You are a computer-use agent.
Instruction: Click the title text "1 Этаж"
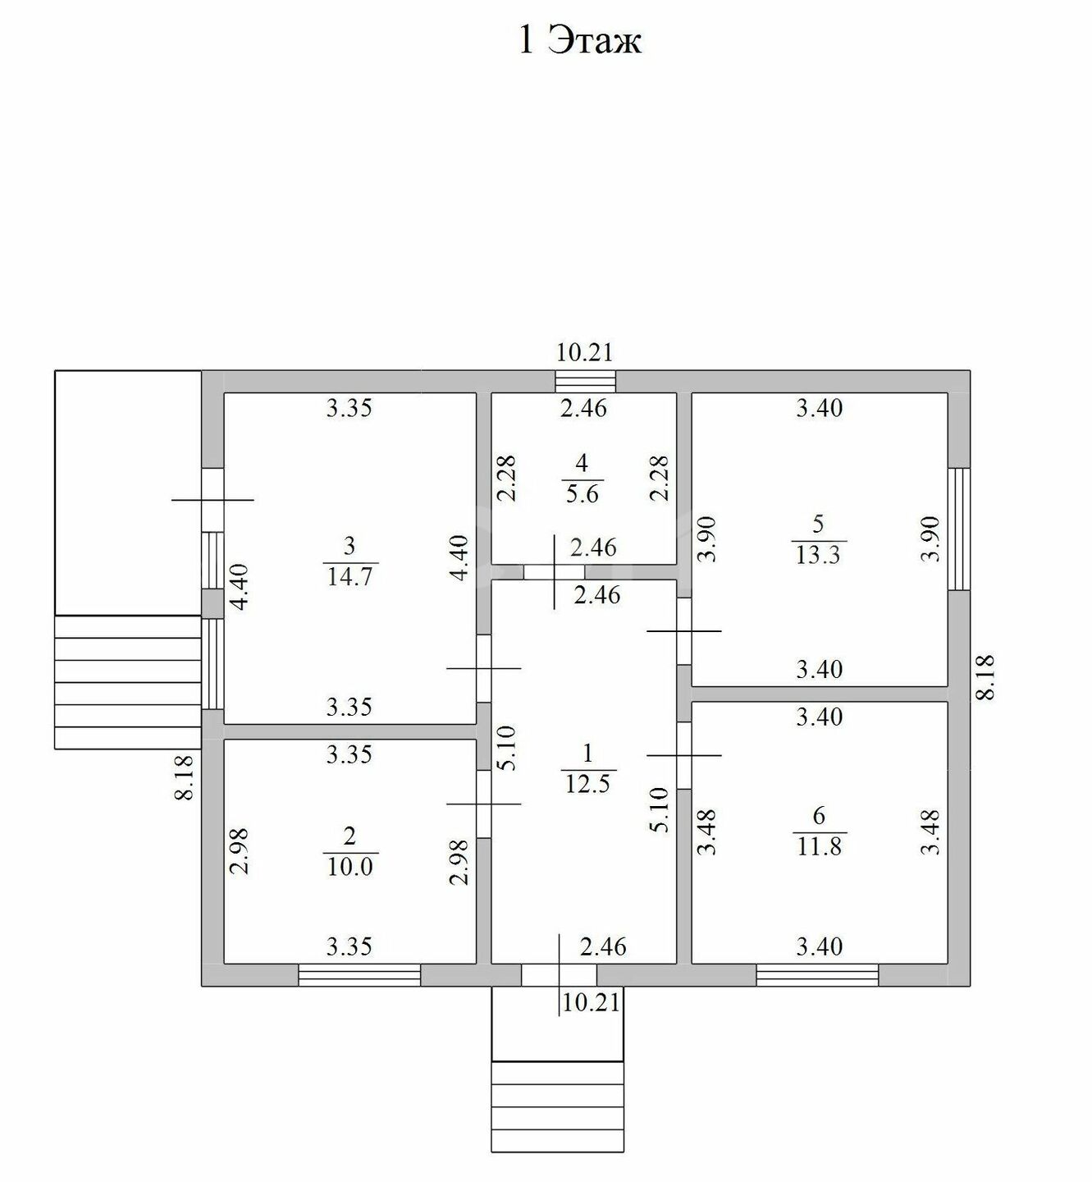tap(580, 41)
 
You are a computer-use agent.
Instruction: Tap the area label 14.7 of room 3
tap(350, 576)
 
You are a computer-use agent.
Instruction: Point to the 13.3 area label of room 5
tap(818, 555)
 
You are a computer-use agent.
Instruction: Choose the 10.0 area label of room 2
tap(350, 867)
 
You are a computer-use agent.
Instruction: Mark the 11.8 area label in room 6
tap(819, 845)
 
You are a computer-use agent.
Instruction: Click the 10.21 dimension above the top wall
tap(584, 352)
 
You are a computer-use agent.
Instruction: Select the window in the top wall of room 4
tap(586, 382)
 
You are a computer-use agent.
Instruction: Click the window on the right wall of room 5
tap(959, 529)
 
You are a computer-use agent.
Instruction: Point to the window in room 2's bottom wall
tap(359, 975)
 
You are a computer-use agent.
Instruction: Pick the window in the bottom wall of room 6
tap(818, 975)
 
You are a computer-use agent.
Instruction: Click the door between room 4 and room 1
tap(554, 572)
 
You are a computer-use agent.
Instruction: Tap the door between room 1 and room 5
tap(684, 631)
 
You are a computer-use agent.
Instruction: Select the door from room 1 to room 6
tap(684, 755)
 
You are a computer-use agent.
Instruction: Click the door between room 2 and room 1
tap(484, 804)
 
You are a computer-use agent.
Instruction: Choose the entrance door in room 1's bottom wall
tap(560, 975)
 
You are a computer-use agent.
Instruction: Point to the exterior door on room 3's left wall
tap(212, 500)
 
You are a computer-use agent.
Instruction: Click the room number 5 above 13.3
tap(818, 524)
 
